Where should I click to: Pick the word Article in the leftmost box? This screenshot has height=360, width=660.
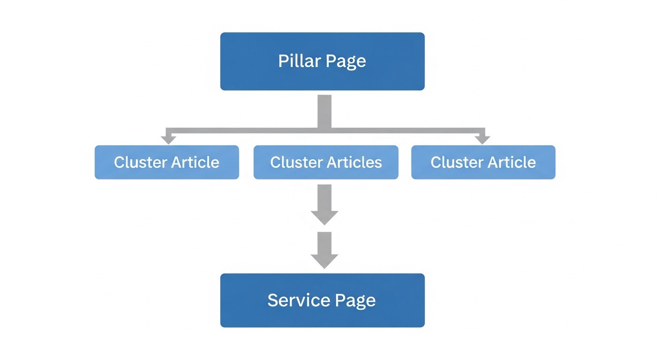195,162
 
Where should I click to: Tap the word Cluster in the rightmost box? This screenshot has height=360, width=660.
456,162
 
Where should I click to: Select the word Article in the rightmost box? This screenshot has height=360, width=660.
512,162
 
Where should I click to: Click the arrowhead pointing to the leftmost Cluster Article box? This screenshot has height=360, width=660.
168,139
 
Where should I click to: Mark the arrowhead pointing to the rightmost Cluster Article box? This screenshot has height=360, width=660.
482,139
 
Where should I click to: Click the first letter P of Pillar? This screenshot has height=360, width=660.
283,61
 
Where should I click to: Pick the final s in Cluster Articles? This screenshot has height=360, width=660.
378,163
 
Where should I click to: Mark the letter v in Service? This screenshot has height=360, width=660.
306,300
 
